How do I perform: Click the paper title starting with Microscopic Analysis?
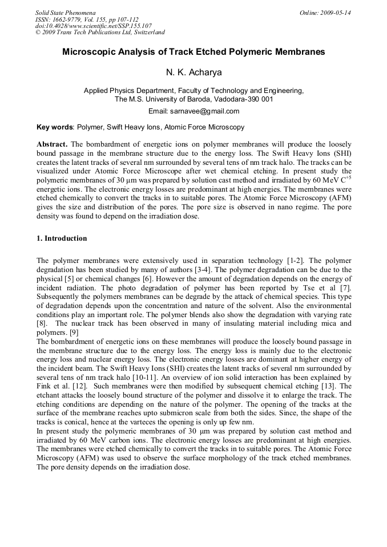[193, 52]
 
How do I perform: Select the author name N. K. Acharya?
[193, 72]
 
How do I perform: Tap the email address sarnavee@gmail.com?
[208, 111]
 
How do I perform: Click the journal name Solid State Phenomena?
[65, 13]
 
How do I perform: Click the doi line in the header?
[93, 26]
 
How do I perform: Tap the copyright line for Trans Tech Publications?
[100, 33]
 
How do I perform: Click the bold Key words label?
[54, 127]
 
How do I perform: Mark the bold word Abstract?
[52, 144]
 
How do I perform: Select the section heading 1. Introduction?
[62, 238]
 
